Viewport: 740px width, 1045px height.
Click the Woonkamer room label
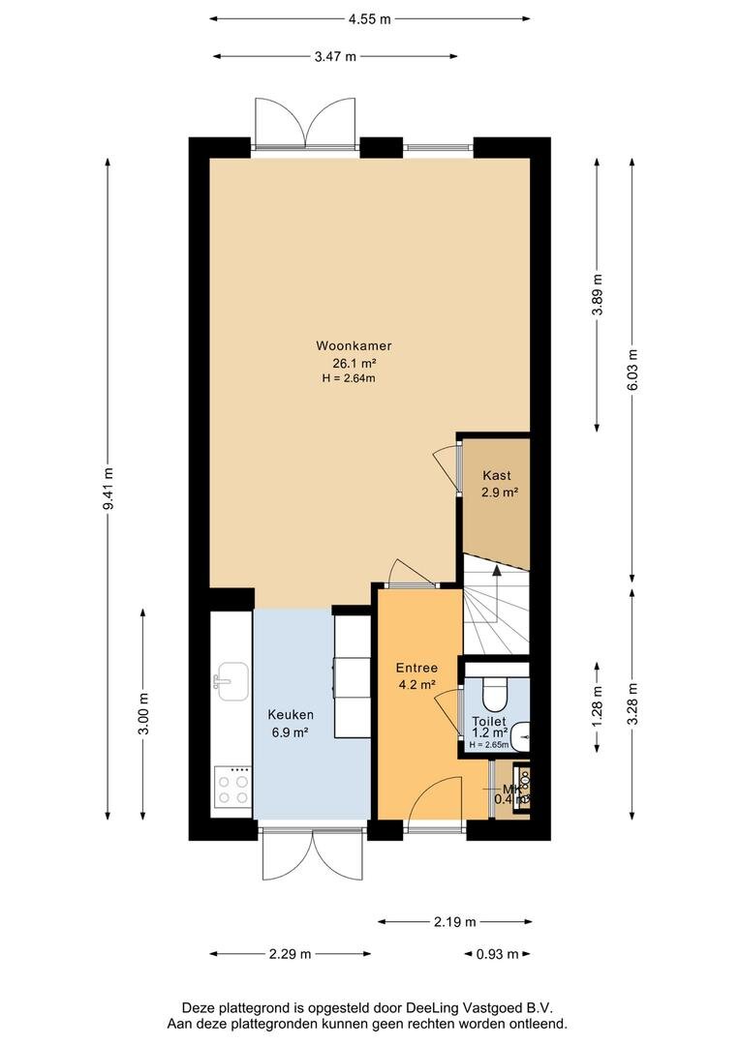pyautogui.click(x=353, y=345)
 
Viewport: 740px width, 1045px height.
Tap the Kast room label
pyautogui.click(x=498, y=476)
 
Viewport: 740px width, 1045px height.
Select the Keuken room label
pyautogui.click(x=288, y=715)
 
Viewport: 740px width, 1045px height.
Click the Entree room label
pyautogui.click(x=416, y=668)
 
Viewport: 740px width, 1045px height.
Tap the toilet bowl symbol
pyautogui.click(x=494, y=696)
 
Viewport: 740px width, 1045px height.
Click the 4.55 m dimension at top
pyautogui.click(x=371, y=18)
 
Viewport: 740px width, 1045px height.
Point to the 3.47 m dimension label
pyautogui.click(x=335, y=56)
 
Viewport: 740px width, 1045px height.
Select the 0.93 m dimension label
pyautogui.click(x=497, y=954)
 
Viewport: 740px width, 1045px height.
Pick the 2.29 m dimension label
pyautogui.click(x=291, y=954)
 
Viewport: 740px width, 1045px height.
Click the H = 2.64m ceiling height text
pyautogui.click(x=349, y=378)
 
